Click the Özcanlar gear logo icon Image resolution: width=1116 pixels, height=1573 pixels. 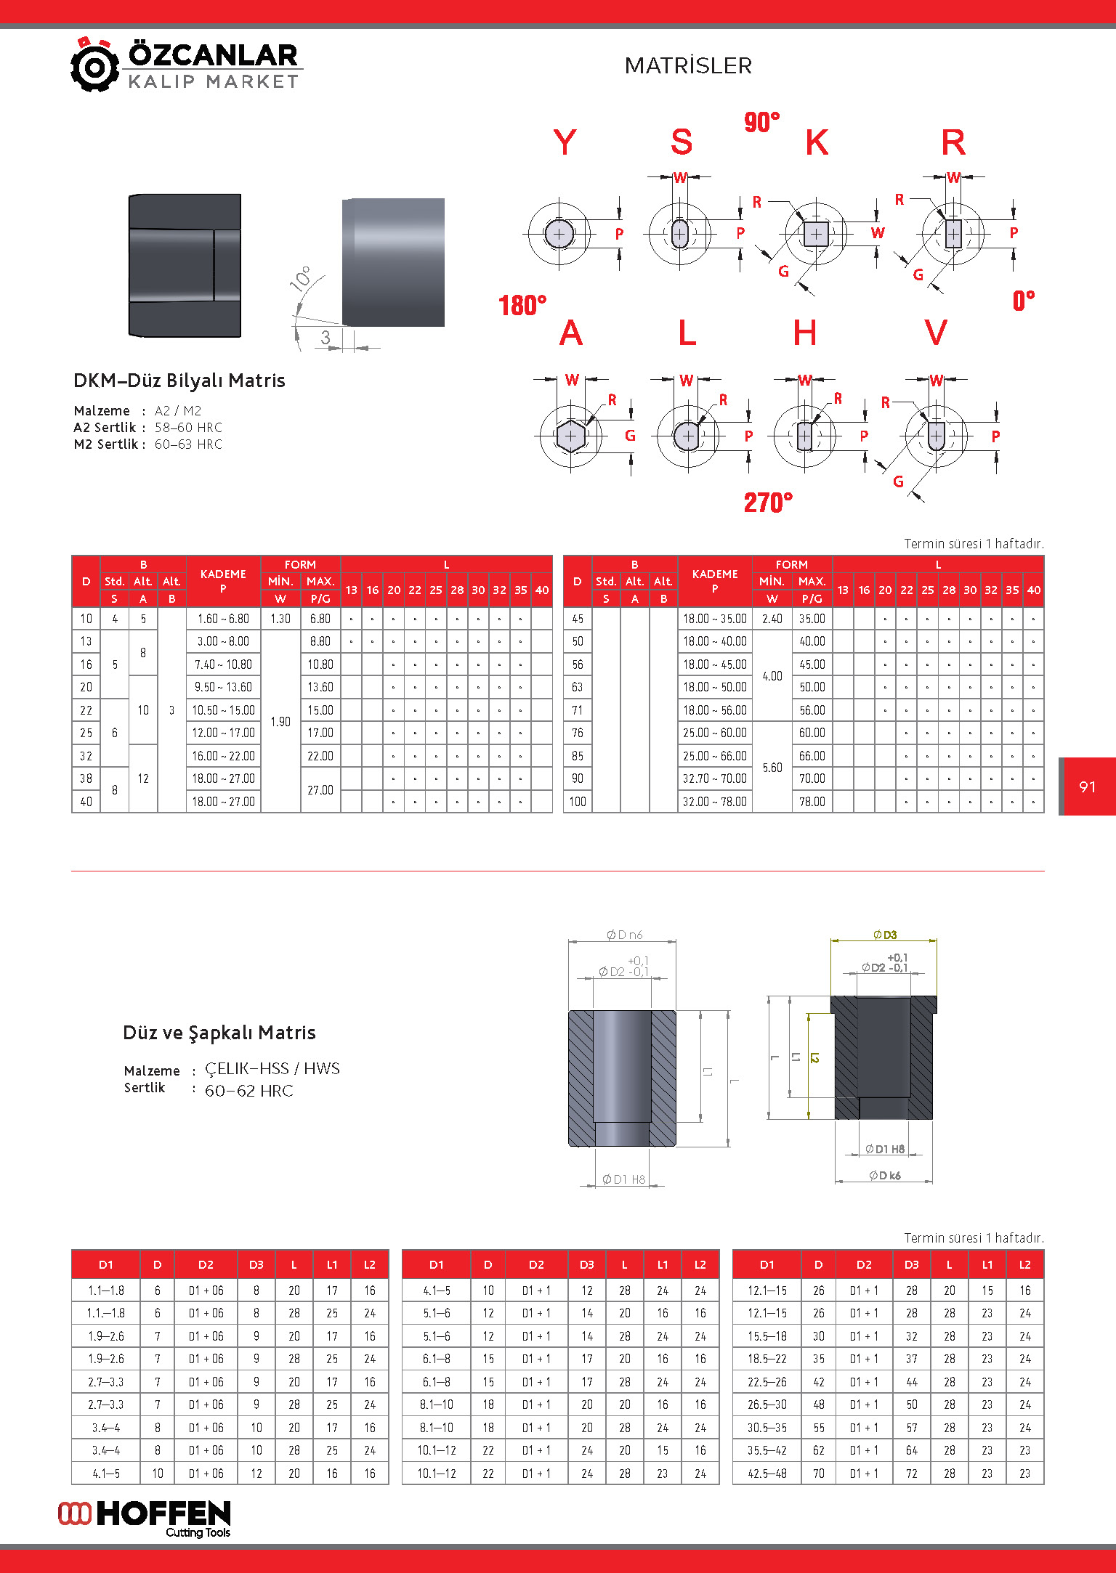pos(94,65)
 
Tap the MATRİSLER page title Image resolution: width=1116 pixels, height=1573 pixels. pos(687,66)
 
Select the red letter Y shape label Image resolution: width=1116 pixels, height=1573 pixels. pos(565,142)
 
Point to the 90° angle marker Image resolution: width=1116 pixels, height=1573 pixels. pos(761,122)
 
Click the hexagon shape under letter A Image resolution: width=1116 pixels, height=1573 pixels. pos(570,436)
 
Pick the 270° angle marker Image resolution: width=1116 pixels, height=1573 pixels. pos(767,503)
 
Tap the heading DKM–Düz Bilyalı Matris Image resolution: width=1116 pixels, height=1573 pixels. pos(179,381)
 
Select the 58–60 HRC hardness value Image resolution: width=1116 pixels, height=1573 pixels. pos(188,428)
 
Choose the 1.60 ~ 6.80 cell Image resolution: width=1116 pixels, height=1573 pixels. pos(223,619)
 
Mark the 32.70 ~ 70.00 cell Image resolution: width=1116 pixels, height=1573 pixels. pos(714,779)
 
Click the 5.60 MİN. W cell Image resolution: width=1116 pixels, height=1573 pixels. pos(772,768)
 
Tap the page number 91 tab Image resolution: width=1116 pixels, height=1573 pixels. pos(1087,786)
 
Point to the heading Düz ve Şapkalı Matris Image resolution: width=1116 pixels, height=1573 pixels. pos(219,1033)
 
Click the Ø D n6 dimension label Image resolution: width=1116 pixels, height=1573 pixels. pos(624,935)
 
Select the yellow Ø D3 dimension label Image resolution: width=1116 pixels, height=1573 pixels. pos(884,935)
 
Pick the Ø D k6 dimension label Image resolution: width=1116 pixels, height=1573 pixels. pos(884,1176)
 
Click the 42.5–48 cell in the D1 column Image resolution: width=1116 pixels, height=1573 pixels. pos(767,1474)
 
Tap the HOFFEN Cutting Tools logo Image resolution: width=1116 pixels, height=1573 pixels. pos(145,1519)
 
